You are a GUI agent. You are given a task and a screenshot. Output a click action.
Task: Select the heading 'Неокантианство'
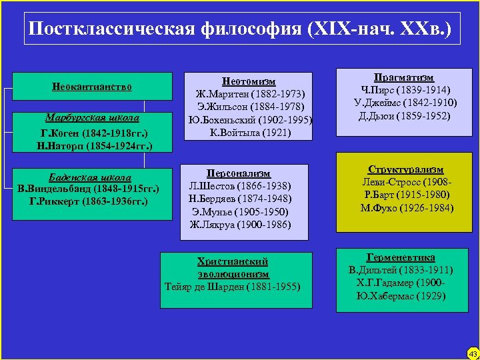pos(92,87)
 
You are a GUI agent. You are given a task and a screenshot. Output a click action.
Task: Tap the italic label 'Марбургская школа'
pos(92,117)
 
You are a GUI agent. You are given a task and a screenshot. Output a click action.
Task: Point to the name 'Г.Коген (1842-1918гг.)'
pos(92,132)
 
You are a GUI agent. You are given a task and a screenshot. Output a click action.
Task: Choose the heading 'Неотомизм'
pos(249,81)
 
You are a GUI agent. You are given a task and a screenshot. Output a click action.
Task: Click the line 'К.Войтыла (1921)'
pos(249,133)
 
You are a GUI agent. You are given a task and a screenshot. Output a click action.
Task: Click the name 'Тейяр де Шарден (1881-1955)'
pos(233,287)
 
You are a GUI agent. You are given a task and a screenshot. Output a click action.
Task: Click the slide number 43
pos(473,353)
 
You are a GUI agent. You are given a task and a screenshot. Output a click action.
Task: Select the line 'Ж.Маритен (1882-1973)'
pos(249,94)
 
